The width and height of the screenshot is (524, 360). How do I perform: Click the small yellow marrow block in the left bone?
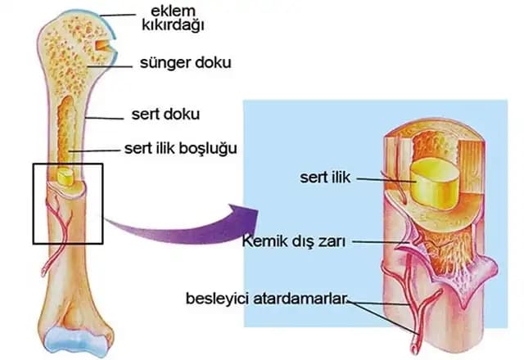(65, 177)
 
